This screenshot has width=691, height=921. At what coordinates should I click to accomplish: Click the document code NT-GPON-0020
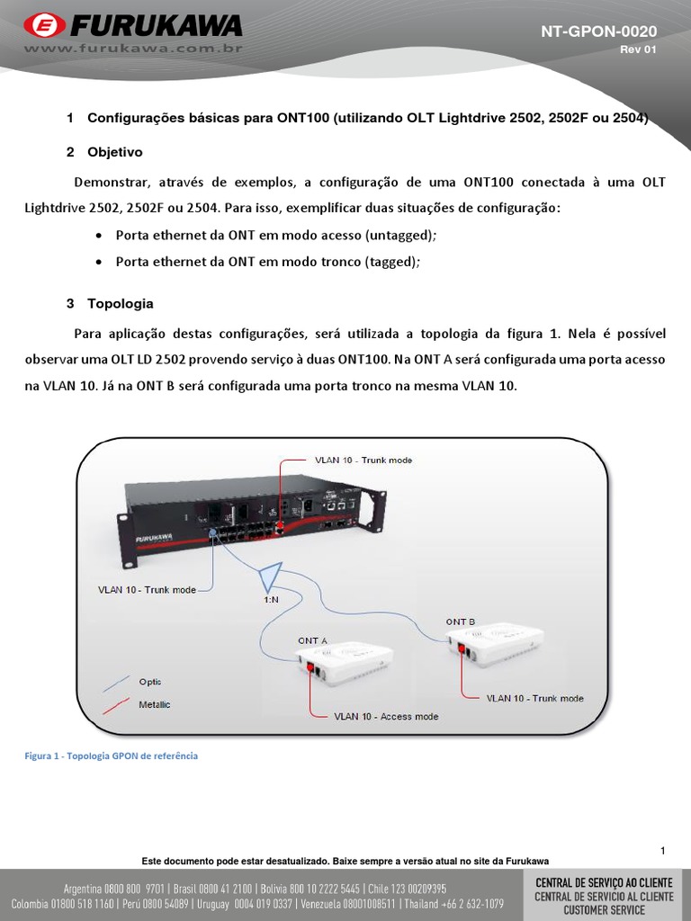click(x=598, y=31)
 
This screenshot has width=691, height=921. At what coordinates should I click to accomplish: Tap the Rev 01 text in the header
click(x=638, y=49)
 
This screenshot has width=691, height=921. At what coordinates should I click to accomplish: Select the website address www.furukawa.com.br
click(x=133, y=48)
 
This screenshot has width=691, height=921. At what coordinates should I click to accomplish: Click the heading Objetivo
click(x=114, y=152)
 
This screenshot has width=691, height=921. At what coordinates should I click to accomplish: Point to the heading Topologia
click(x=120, y=303)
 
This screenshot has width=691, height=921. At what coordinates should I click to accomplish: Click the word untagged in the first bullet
click(x=404, y=236)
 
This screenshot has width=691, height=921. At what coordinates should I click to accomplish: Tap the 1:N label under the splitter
click(x=271, y=598)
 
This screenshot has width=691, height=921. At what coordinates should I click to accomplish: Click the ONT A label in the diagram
click(x=312, y=640)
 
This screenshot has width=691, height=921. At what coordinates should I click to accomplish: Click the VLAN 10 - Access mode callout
click(x=386, y=717)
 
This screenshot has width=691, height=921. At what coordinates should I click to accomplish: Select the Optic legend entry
click(x=150, y=682)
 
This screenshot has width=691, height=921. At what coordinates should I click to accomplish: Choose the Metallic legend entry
click(x=154, y=704)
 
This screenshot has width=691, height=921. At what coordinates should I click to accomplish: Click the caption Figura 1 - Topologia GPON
click(x=111, y=756)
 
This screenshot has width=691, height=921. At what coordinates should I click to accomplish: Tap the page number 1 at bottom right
click(x=662, y=850)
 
